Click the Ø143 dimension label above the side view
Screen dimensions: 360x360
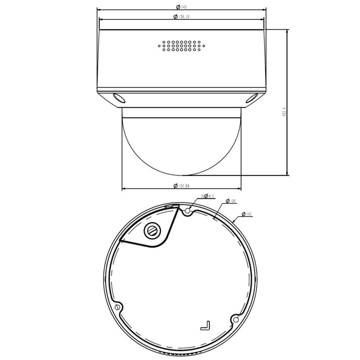click(181, 7)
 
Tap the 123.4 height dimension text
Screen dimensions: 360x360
click(284, 112)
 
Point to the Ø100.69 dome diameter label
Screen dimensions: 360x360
click(181, 186)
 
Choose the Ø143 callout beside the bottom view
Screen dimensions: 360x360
click(247, 214)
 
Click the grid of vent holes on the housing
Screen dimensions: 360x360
click(181, 46)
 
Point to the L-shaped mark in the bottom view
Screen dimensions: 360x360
click(206, 325)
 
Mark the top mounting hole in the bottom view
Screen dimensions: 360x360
click(187, 211)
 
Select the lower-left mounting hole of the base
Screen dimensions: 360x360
click(117, 307)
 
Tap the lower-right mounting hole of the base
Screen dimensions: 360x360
click(236, 319)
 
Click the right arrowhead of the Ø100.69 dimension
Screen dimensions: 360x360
click(239, 188)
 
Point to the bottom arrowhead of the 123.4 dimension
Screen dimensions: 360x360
click(287, 174)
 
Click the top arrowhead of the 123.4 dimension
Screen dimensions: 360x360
click(287, 32)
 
